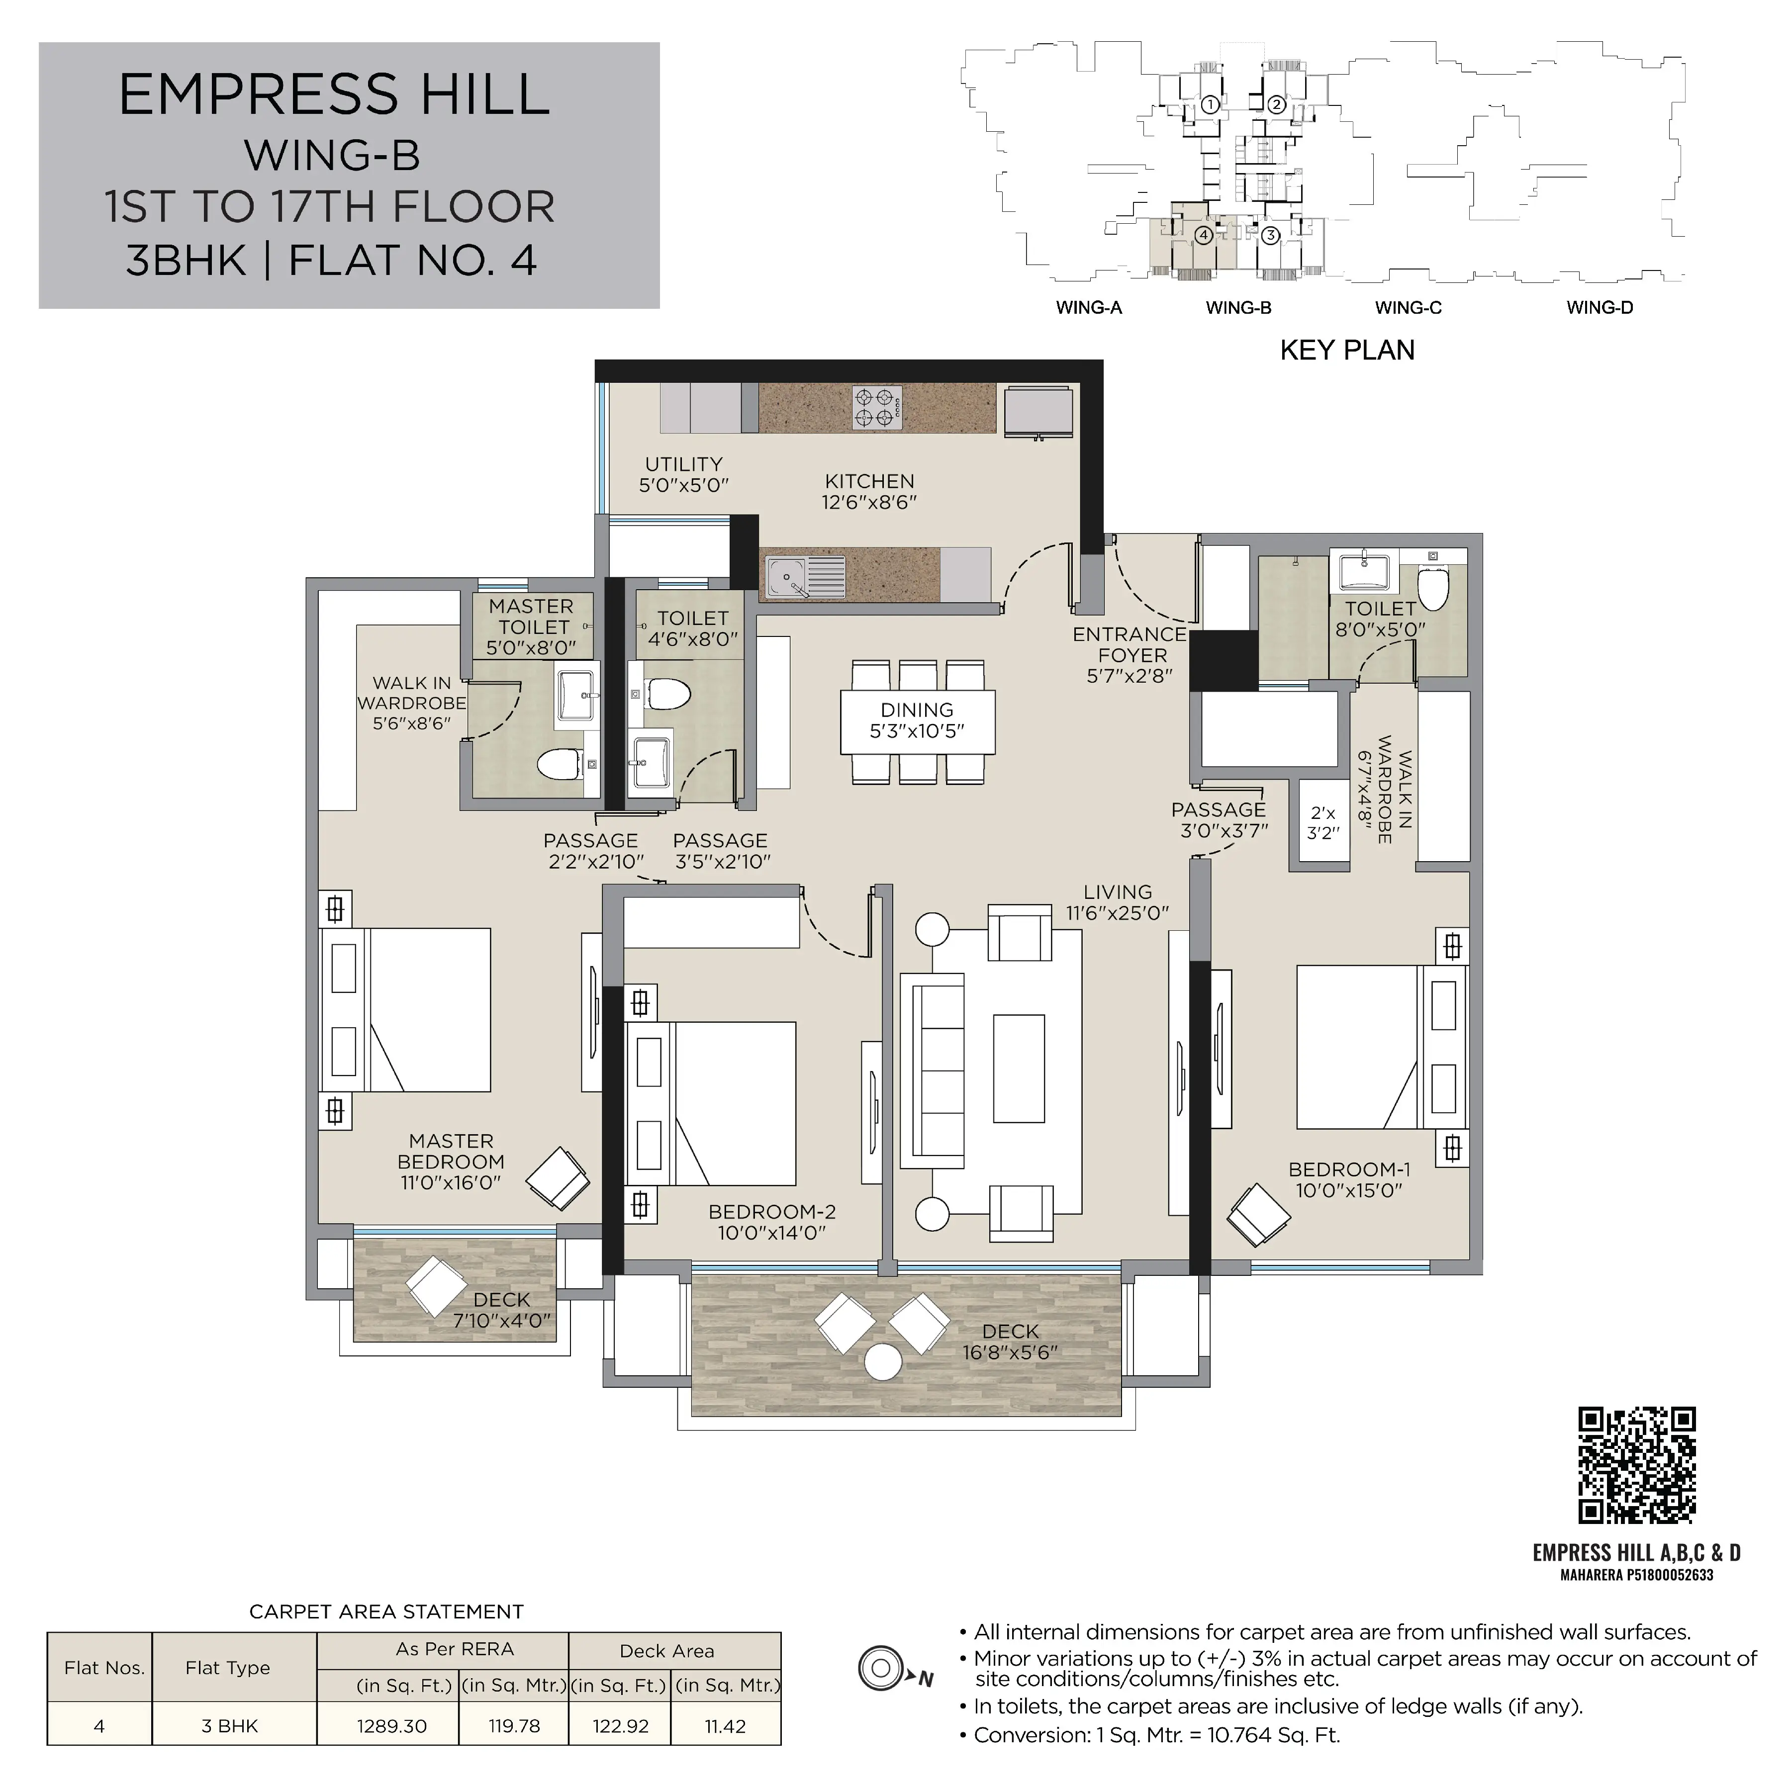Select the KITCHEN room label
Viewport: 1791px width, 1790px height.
click(869, 482)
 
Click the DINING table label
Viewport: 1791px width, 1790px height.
click(917, 710)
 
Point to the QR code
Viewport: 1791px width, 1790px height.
click(1637, 1465)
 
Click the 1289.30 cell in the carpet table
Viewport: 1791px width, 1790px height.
click(392, 1726)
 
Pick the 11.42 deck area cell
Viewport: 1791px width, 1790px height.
click(725, 1726)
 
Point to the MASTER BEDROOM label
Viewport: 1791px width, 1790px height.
click(452, 1151)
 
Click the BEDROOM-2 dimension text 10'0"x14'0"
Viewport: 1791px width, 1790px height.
click(771, 1233)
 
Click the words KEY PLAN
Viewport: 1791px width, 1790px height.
click(1347, 351)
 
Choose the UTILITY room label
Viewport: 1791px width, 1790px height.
click(684, 463)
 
